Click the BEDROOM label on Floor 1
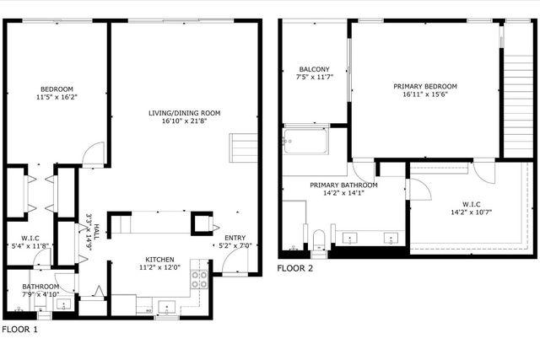(x=57, y=89)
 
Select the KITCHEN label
(x=159, y=260)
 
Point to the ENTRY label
(x=235, y=237)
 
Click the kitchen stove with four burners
(x=200, y=280)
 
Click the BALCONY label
(x=314, y=69)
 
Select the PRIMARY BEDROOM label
(x=424, y=86)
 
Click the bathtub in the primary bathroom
(x=305, y=142)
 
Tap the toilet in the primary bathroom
(x=318, y=240)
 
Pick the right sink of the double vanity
(x=391, y=239)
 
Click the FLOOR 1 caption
(x=19, y=329)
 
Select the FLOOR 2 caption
(x=295, y=269)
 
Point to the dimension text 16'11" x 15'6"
(x=424, y=95)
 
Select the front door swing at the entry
(x=229, y=264)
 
